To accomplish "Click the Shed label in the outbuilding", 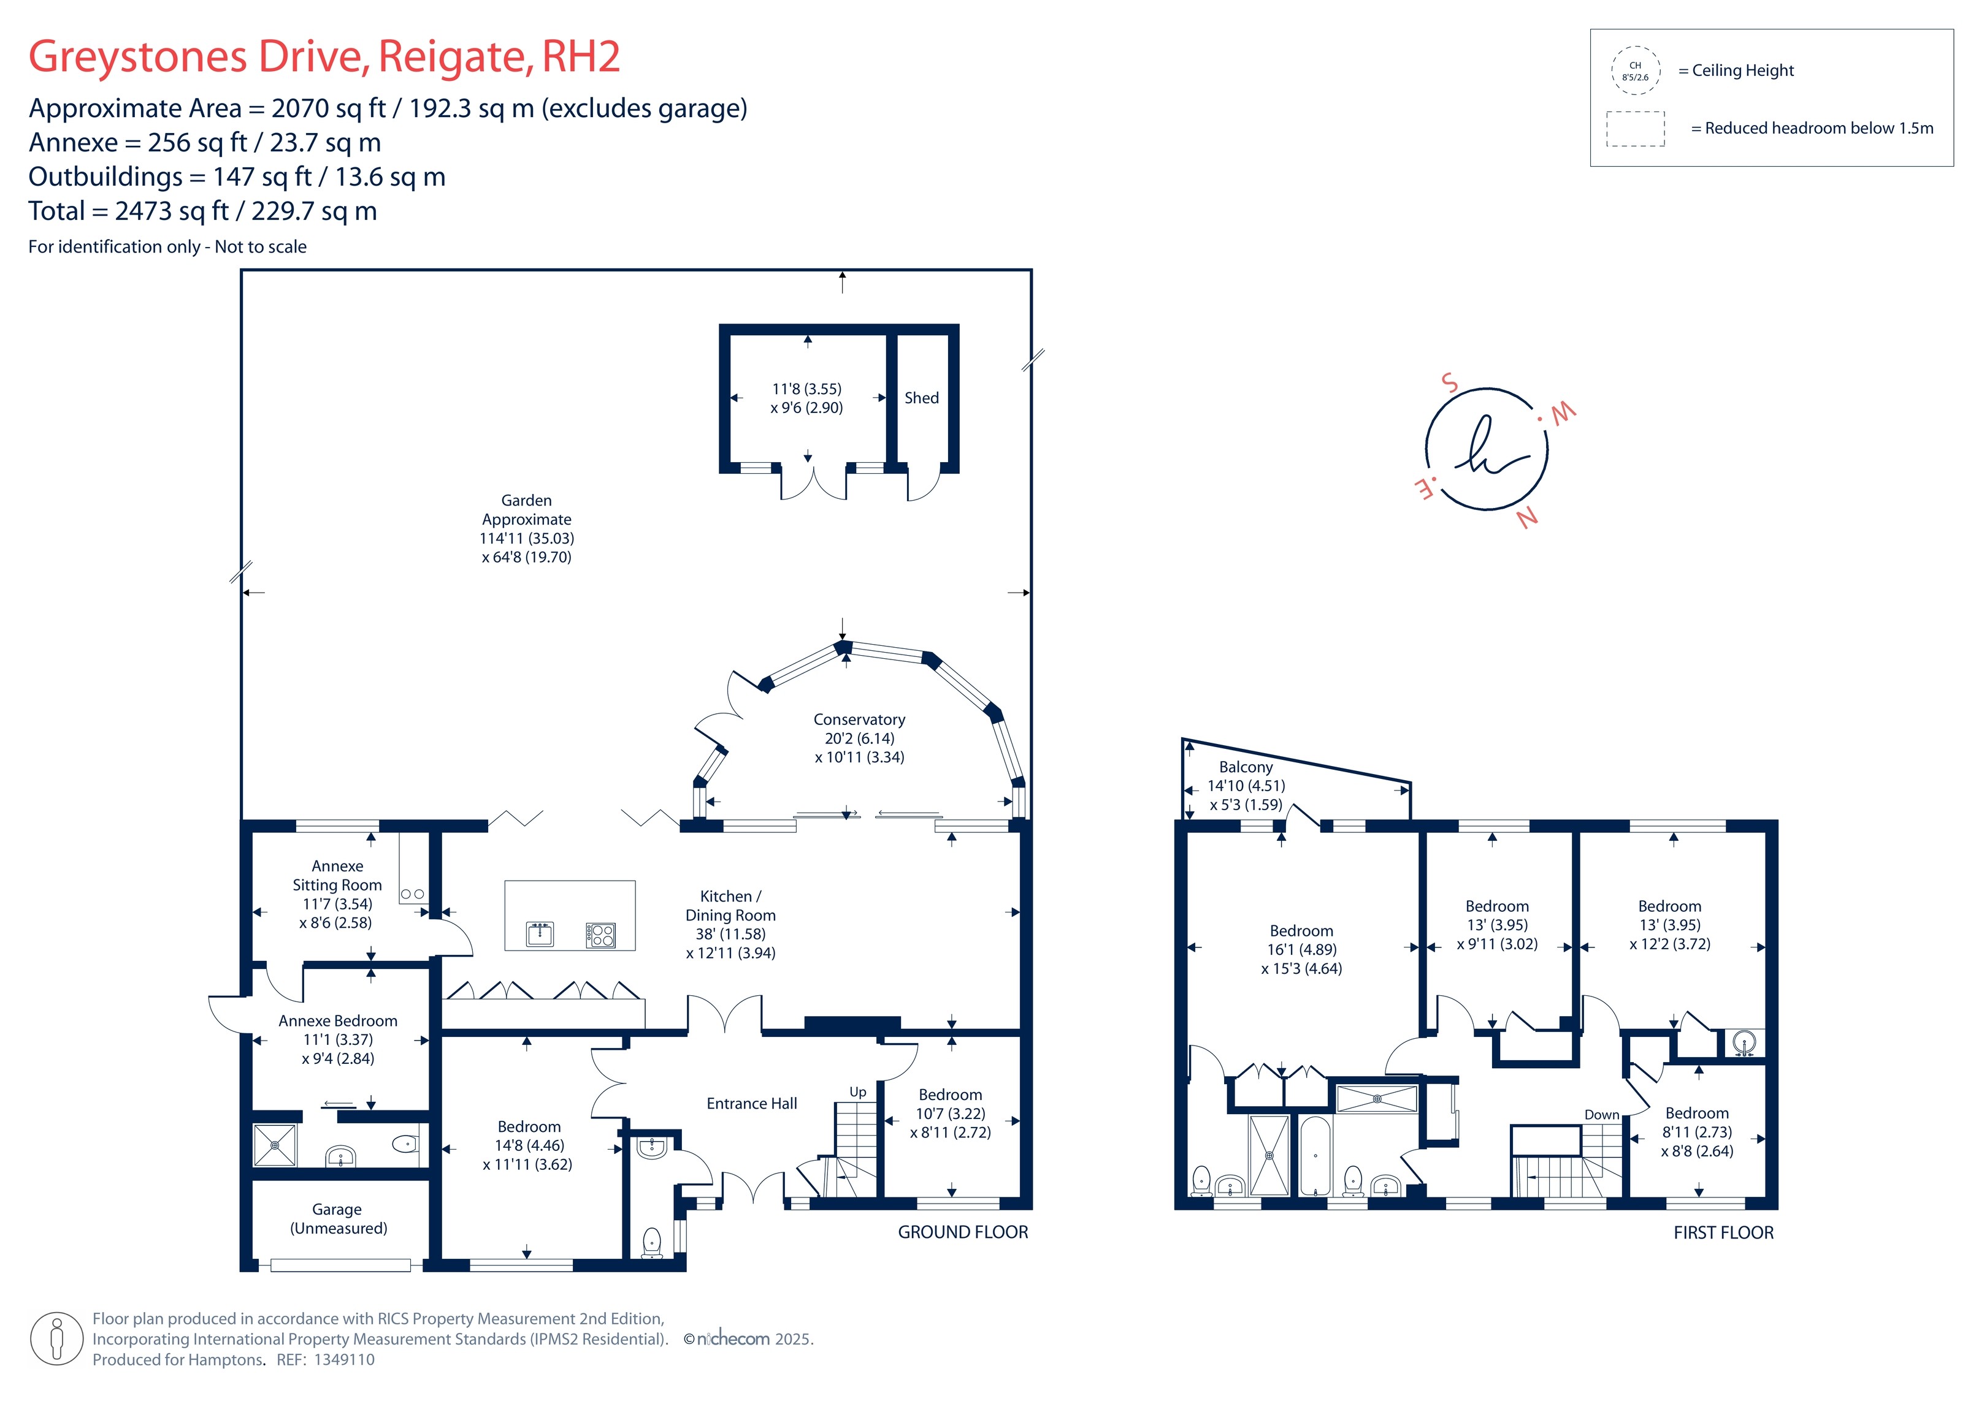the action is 921,398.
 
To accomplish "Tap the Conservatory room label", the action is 859,719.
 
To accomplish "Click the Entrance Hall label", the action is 751,1104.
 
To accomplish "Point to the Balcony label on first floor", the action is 1246,767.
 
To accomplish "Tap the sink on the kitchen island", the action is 540,935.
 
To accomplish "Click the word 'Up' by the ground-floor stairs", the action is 857,1091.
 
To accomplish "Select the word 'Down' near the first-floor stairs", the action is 1601,1115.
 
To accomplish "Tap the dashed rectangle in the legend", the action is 1635,129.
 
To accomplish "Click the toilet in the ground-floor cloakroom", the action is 653,1242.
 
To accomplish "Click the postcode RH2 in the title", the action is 581,57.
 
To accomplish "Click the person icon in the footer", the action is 57,1338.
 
